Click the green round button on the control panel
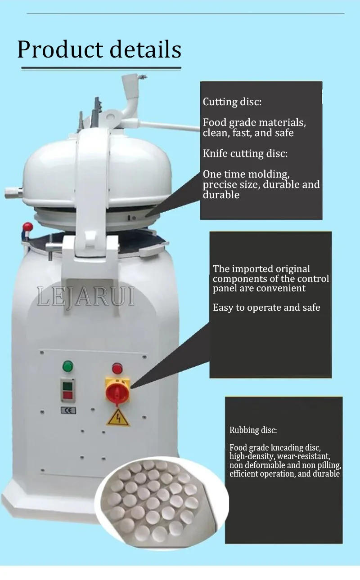68,366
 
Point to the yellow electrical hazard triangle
118,418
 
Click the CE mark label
68,410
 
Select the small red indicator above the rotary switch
117,369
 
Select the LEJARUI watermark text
85,297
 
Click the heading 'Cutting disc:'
232,102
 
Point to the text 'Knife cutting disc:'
245,154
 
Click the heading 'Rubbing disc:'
253,430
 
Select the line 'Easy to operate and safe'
266,308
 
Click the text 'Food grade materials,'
254,122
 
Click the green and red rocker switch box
68,390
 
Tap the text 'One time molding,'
246,174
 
